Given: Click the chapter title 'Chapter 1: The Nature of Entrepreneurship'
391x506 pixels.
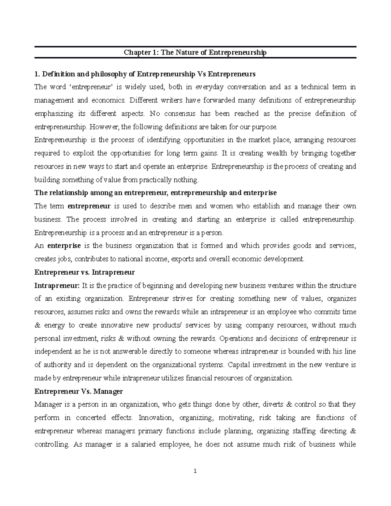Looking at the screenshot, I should click(x=195, y=52).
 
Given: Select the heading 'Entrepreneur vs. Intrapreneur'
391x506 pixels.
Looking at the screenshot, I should click(x=84, y=272).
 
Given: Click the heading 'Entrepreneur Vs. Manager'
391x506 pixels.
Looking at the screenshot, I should click(x=79, y=391).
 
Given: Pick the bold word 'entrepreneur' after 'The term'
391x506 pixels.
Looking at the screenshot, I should click(x=89, y=206).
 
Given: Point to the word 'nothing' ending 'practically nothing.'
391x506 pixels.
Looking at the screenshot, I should click(x=186, y=180).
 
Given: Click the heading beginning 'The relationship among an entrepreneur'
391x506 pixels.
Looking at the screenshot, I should click(x=155, y=193).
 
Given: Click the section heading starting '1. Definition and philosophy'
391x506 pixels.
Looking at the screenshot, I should click(x=145, y=74).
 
